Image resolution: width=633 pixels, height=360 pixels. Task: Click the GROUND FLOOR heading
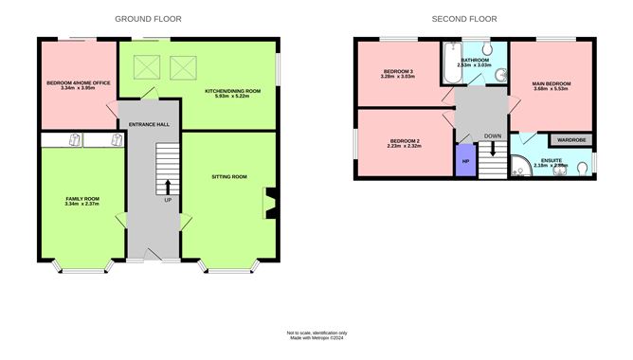(148, 19)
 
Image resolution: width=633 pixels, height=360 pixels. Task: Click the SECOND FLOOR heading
(464, 19)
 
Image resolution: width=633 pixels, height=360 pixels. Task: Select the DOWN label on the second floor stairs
(493, 135)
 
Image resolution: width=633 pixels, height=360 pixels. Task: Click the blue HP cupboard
(465, 160)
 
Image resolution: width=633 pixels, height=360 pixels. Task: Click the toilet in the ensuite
(587, 167)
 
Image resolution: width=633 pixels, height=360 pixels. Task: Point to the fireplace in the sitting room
(269, 202)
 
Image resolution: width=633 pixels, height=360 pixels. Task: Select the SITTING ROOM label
(228, 177)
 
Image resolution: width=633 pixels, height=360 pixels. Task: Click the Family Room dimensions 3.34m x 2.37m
(82, 205)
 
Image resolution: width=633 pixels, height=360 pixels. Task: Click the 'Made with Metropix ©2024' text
(317, 338)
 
